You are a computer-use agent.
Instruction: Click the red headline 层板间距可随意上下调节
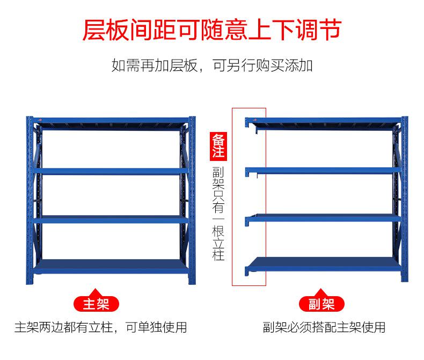pos(212,30)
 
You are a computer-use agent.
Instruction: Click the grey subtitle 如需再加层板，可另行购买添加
pos(212,65)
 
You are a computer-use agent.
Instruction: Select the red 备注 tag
pos(218,146)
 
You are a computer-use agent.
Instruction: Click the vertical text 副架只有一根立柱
pos(218,214)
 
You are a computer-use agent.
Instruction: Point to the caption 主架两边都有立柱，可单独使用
pos(100,327)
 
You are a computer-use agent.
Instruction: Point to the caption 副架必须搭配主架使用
pos(324,327)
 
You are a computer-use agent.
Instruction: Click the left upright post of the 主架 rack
pos(30,200)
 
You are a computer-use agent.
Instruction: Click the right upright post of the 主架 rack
pos(192,200)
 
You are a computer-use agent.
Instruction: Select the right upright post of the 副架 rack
pos(405,199)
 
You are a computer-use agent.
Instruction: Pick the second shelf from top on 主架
pos(111,171)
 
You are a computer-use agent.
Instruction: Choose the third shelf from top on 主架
pos(111,219)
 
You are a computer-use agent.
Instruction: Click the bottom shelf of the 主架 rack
pos(111,267)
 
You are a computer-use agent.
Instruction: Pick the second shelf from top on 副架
pos(323,171)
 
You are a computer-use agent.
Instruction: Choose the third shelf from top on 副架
pos(323,218)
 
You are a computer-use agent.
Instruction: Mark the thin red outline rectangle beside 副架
pos(232,197)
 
